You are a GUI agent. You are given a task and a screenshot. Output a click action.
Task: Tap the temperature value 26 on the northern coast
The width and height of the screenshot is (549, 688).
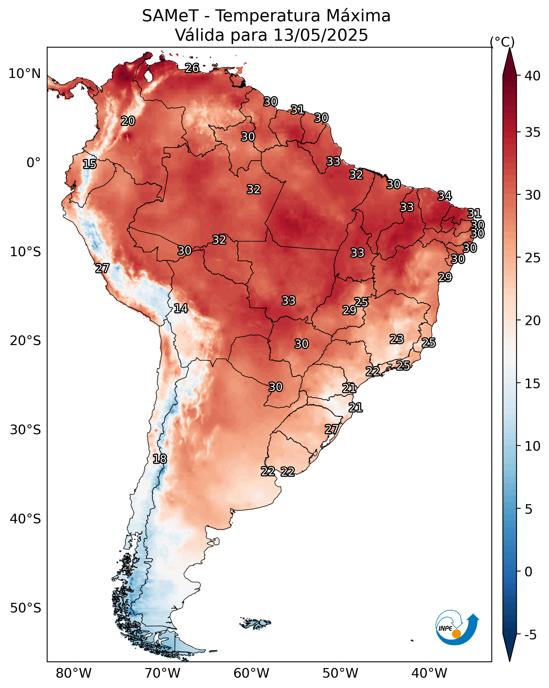point(192,68)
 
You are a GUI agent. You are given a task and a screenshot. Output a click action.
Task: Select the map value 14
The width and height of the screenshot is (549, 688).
point(181,308)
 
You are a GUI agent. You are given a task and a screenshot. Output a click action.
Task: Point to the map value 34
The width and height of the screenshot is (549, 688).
point(445,196)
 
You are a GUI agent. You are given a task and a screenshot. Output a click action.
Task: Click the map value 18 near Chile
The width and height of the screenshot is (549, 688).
point(160,459)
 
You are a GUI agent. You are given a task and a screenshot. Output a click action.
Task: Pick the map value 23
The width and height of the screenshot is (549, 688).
point(397,339)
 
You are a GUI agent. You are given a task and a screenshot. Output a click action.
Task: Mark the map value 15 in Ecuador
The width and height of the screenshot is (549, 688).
point(90,164)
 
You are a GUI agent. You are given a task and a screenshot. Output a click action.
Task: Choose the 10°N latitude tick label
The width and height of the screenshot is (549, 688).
point(24,74)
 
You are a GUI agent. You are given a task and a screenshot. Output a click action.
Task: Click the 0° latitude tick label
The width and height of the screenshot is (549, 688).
point(34,163)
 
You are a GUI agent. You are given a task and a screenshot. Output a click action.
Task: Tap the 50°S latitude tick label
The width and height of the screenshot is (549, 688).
point(25,608)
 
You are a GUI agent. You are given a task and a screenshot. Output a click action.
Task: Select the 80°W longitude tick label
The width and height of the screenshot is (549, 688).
point(74,673)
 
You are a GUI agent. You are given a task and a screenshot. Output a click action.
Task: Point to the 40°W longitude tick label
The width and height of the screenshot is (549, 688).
point(429,673)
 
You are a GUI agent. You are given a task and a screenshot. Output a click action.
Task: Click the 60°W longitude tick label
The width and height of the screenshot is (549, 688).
point(252,673)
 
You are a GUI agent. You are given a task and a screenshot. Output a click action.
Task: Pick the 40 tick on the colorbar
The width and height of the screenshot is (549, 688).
point(533,76)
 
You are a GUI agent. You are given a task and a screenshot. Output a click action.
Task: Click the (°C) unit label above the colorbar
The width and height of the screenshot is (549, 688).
point(502,42)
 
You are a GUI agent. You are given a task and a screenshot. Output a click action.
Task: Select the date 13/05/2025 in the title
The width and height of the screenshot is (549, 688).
point(321,35)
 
